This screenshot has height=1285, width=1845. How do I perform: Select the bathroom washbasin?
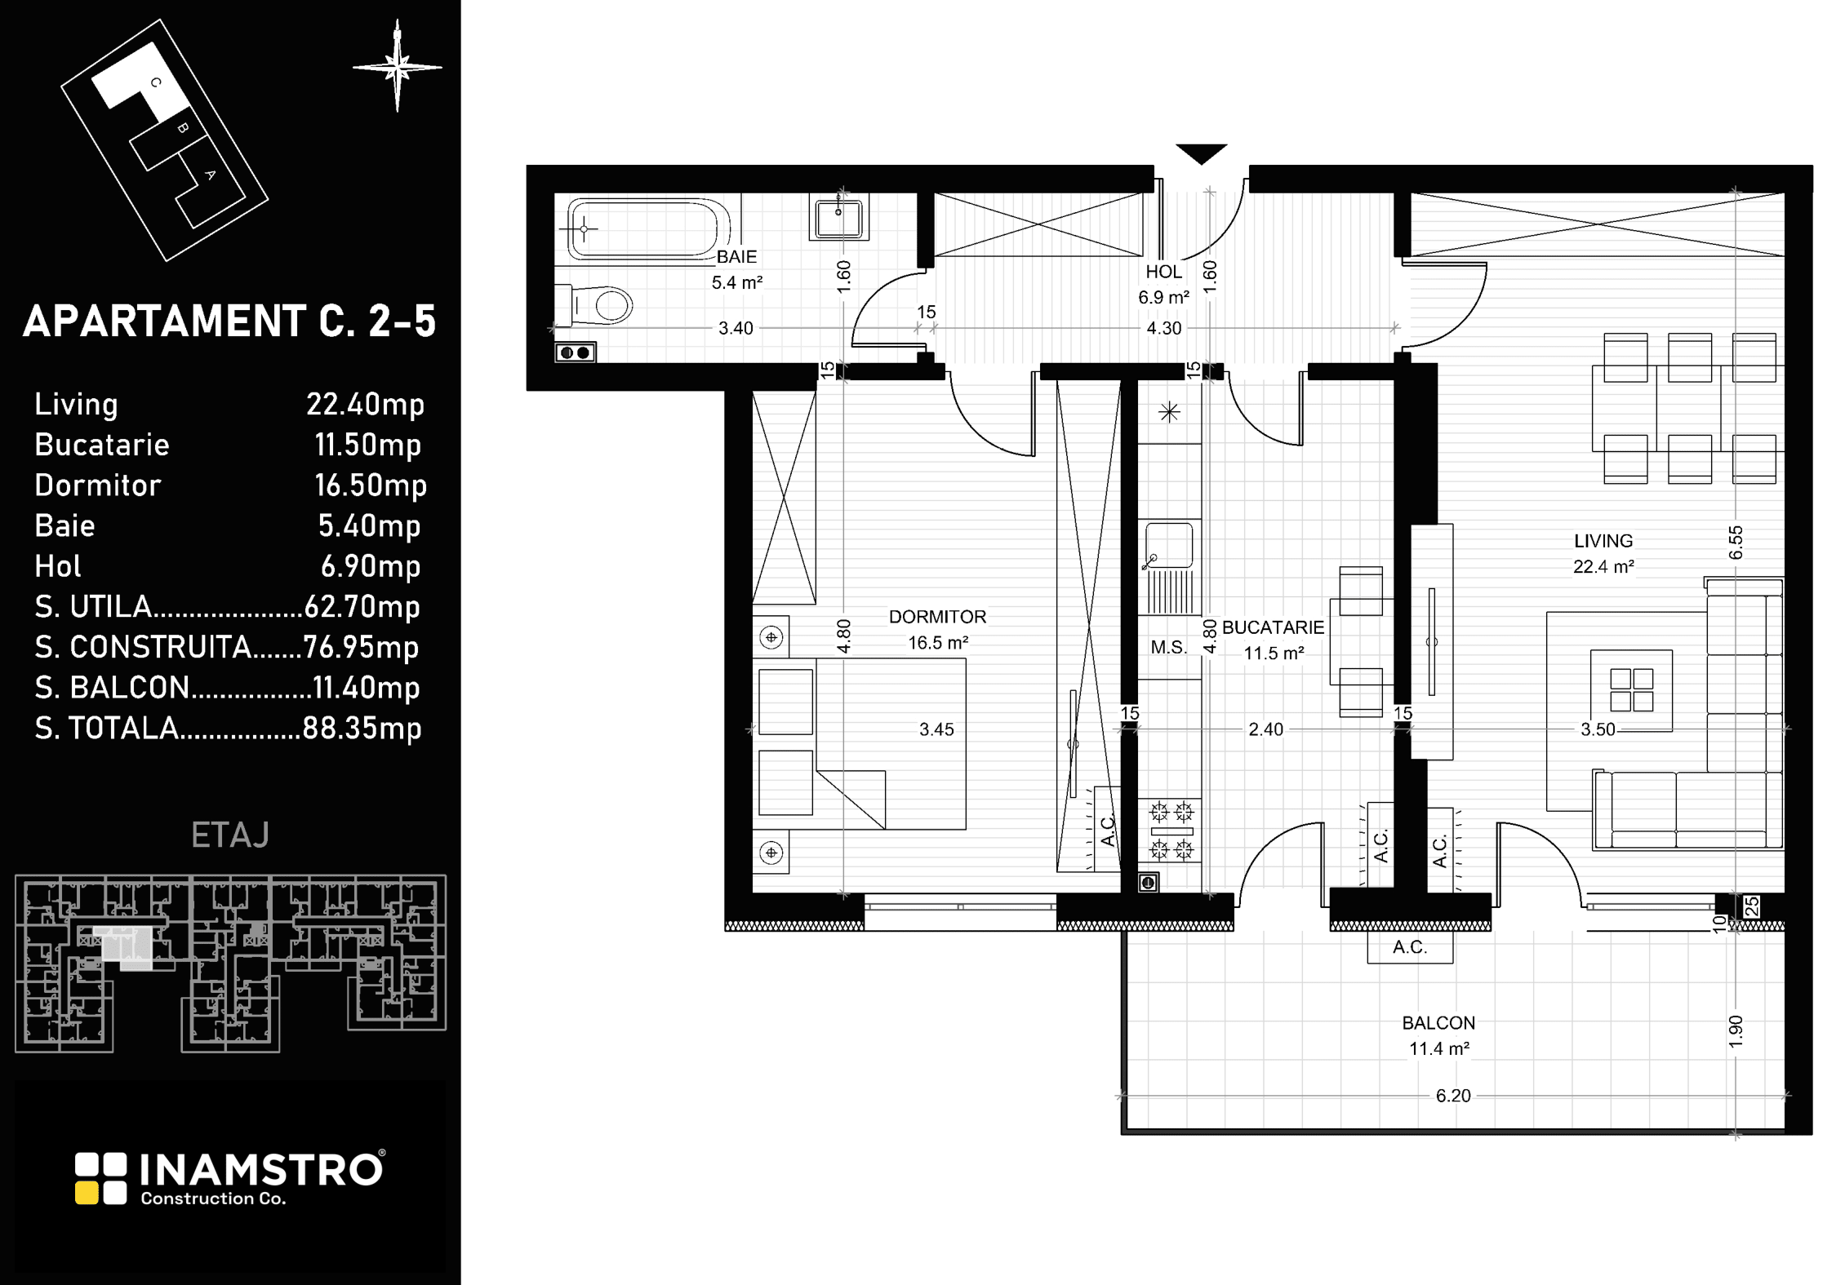point(838,217)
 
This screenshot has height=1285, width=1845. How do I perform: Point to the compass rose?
point(398,66)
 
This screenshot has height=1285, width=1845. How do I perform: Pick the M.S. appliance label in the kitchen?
point(1168,648)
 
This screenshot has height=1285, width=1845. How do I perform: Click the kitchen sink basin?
point(1169,545)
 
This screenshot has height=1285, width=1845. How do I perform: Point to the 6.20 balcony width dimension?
point(1453,1096)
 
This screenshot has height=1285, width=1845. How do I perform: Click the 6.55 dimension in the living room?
point(1736,543)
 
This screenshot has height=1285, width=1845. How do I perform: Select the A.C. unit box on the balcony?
point(1410,947)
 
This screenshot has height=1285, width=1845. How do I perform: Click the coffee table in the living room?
point(1631,690)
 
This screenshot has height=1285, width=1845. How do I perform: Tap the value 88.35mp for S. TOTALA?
point(362,728)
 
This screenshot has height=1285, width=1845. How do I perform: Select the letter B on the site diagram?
point(183,128)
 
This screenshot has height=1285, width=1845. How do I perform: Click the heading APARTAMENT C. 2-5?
point(229,321)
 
